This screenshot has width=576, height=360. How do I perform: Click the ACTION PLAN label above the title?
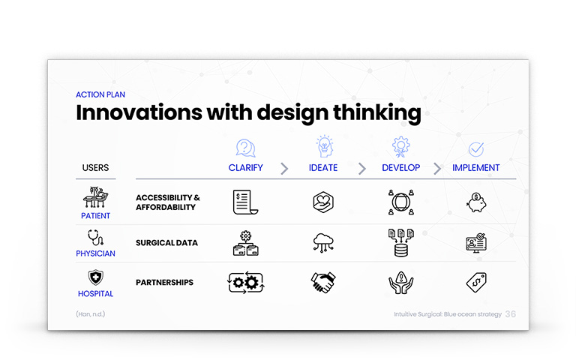click(100, 94)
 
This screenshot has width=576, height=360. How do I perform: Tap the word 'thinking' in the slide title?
click(377, 112)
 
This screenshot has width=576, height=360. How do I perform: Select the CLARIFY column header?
click(245, 168)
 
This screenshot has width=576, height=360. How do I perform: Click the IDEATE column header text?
click(323, 168)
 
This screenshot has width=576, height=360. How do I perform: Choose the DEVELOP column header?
click(400, 168)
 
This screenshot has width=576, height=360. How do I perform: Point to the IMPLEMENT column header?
click(475, 168)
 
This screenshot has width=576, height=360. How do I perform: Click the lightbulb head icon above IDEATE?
click(325, 146)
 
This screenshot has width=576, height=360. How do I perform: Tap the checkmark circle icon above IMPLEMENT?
click(476, 149)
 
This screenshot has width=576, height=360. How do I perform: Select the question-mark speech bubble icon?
click(245, 148)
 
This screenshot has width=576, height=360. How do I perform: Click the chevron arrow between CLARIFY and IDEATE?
click(284, 169)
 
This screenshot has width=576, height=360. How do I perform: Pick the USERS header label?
click(95, 168)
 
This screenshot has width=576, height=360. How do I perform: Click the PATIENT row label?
click(95, 216)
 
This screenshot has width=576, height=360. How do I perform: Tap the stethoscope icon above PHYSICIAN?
click(95, 238)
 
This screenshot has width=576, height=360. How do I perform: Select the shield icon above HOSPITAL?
click(95, 277)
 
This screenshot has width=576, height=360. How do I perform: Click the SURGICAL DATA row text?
click(166, 243)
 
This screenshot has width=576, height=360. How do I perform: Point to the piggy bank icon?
click(476, 202)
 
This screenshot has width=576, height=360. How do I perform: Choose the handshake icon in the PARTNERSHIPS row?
click(323, 282)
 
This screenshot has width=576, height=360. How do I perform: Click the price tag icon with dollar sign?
click(476, 282)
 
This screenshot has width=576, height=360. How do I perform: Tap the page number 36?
click(510, 314)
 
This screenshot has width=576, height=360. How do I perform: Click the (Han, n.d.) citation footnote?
click(90, 314)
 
